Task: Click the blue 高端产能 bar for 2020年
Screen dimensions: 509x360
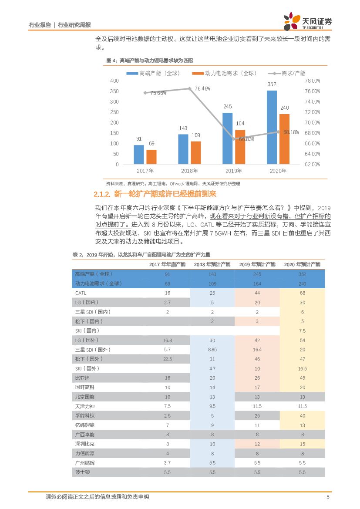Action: [x=272, y=128]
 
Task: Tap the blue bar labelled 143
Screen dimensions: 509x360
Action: [x=183, y=149]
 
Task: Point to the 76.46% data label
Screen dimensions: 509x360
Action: [x=202, y=88]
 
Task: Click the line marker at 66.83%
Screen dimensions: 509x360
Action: [x=234, y=139]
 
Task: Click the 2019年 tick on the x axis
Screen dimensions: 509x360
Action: [x=234, y=171]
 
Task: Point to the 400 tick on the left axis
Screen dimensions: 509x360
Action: [x=114, y=81]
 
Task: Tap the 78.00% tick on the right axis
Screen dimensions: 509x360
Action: [x=312, y=81]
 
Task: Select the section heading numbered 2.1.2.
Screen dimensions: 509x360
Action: [x=155, y=194]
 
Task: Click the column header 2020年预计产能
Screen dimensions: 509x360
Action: [x=302, y=264]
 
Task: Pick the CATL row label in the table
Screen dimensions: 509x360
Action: [x=81, y=293]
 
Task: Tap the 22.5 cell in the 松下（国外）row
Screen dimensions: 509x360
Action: [x=168, y=359]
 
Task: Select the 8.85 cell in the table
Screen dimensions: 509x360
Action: [x=212, y=350]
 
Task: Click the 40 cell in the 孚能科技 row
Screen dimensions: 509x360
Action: [x=302, y=415]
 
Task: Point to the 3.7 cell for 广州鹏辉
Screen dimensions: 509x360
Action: [x=168, y=463]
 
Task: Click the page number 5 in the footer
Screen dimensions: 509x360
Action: [x=328, y=497]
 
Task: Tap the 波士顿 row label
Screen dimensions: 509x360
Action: [x=82, y=472]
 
